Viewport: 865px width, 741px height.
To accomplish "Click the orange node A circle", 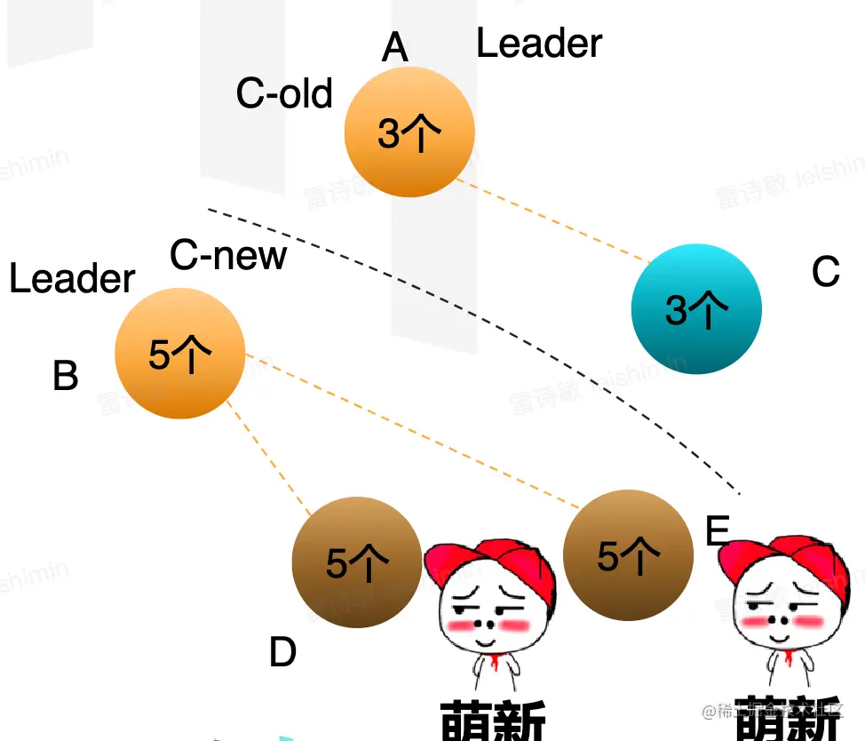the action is click(x=409, y=131).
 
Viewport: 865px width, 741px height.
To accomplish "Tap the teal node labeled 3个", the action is click(x=696, y=308).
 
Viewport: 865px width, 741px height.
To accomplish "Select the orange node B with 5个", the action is click(x=179, y=353).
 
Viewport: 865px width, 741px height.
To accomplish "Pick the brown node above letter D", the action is click(x=356, y=562).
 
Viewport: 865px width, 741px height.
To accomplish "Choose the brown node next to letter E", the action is click(x=628, y=555).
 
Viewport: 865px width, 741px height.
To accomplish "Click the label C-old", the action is click(x=284, y=93).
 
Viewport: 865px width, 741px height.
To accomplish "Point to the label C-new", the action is click(x=228, y=256).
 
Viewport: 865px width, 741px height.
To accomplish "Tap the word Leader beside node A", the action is click(x=539, y=44).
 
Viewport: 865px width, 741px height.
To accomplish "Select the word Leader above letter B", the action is click(x=72, y=279).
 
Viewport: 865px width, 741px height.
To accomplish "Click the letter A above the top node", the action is click(x=395, y=47).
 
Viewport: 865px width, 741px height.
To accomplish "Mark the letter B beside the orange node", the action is click(x=66, y=376).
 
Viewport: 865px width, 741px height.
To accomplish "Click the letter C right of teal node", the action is click(x=826, y=272).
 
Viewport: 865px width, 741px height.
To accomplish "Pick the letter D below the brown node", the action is click(x=282, y=654).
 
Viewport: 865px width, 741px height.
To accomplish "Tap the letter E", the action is click(x=717, y=531).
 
